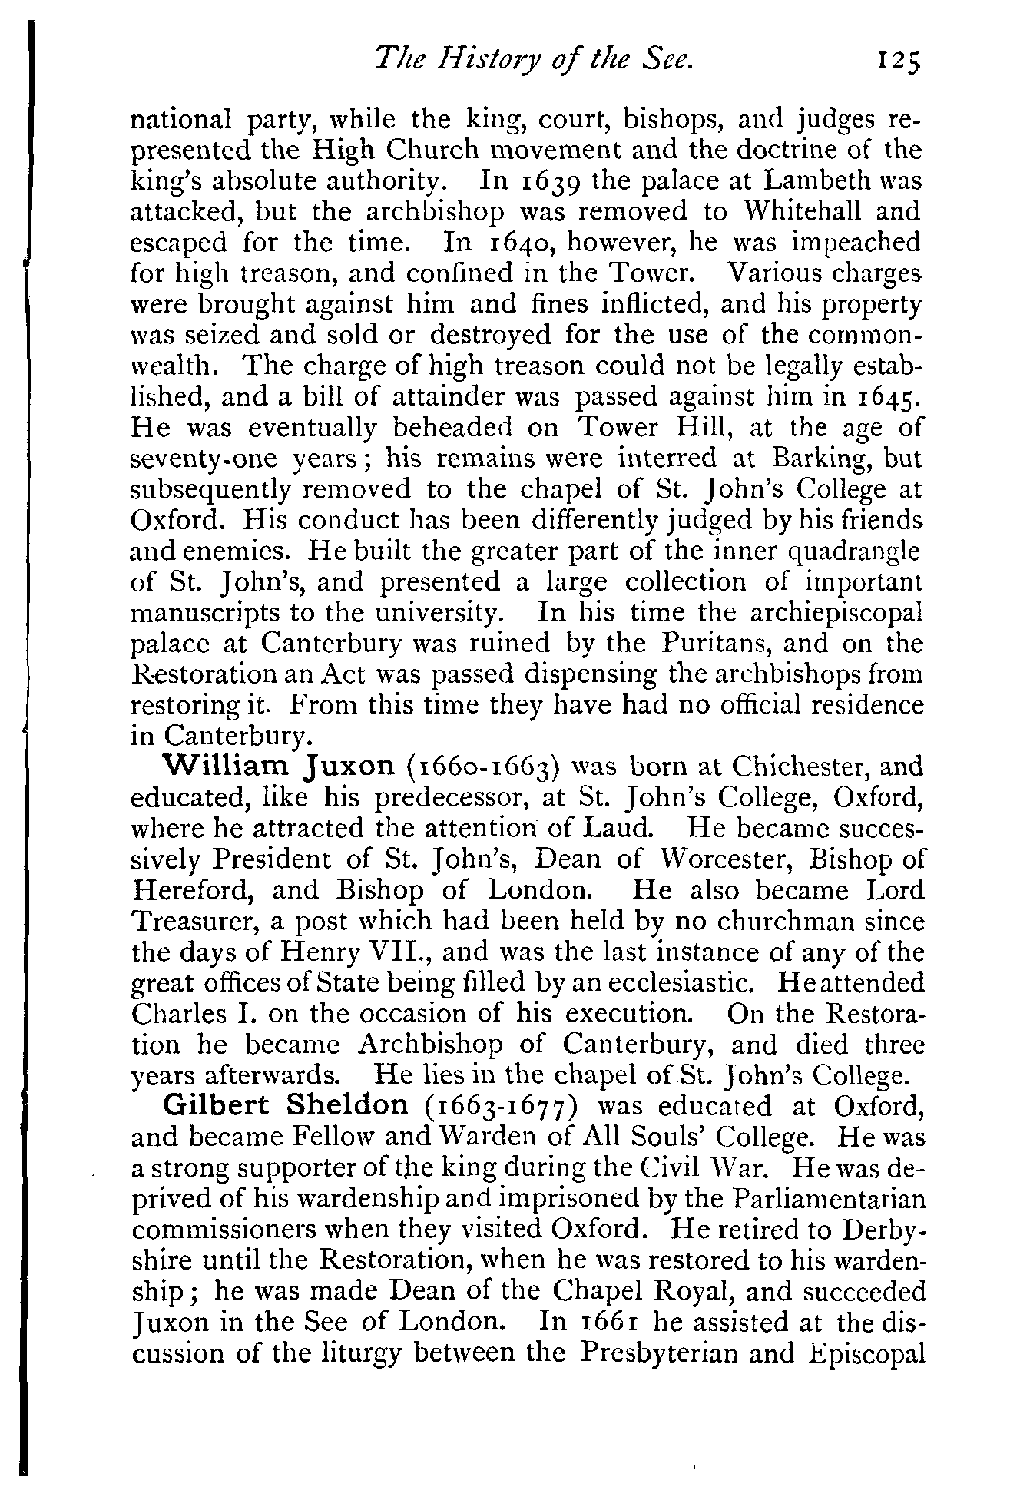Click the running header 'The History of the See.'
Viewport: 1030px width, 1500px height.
532,58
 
